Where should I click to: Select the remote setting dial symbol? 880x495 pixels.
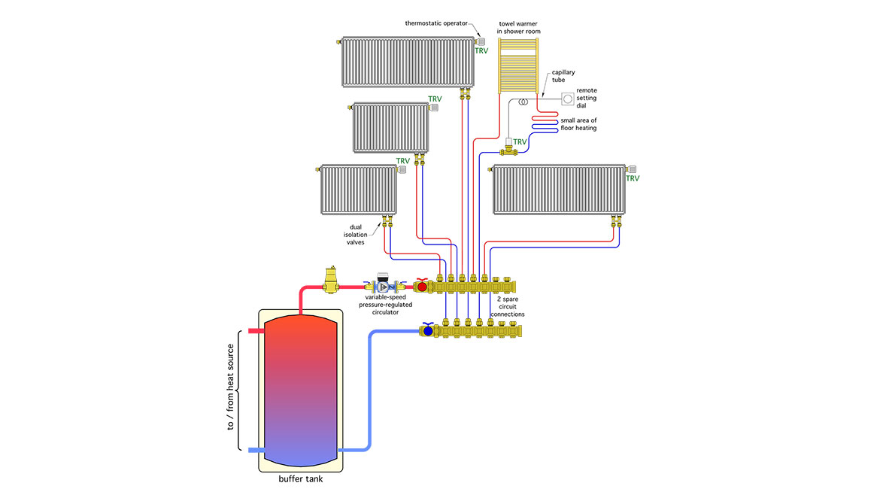(x=568, y=99)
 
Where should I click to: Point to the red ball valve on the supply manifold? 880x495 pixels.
(x=422, y=287)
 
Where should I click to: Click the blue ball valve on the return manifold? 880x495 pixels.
(x=428, y=330)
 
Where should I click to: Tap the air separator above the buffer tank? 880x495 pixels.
(x=329, y=279)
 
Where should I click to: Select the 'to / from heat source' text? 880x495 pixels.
(x=231, y=387)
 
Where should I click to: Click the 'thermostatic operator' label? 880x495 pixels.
(x=436, y=23)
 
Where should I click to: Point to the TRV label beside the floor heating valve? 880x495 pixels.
(x=520, y=141)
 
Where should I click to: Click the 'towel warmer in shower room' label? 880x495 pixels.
(x=519, y=27)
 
